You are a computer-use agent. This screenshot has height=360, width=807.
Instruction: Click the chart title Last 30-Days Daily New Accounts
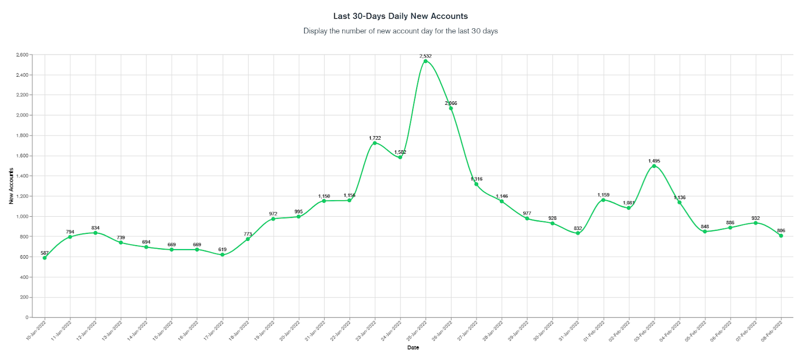(x=400, y=16)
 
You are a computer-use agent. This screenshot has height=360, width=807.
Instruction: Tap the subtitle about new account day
(x=400, y=31)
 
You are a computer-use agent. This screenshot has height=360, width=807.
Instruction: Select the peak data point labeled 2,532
(x=425, y=61)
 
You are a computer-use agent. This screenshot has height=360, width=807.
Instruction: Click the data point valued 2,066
(x=451, y=108)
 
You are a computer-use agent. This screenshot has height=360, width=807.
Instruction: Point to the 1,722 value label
(x=375, y=138)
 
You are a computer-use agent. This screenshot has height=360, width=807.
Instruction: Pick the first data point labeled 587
(x=44, y=258)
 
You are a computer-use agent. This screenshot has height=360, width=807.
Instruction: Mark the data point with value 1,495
(x=654, y=166)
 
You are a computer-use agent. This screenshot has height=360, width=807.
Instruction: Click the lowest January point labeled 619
(x=222, y=255)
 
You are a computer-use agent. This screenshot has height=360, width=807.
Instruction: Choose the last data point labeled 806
(x=781, y=235)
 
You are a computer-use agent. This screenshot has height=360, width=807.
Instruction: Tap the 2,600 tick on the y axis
(x=22, y=54)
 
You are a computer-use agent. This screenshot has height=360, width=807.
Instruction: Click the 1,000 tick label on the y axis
(x=22, y=216)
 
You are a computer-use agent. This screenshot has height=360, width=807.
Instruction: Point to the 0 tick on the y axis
(x=27, y=317)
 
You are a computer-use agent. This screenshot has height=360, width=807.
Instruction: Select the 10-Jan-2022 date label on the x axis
(x=36, y=330)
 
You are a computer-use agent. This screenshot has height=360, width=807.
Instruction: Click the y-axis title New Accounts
(x=11, y=186)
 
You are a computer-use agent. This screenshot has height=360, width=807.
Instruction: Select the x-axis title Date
(x=413, y=347)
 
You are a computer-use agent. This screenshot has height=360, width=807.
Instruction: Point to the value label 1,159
(x=603, y=195)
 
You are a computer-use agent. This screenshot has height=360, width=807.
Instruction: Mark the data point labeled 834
(x=95, y=232)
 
